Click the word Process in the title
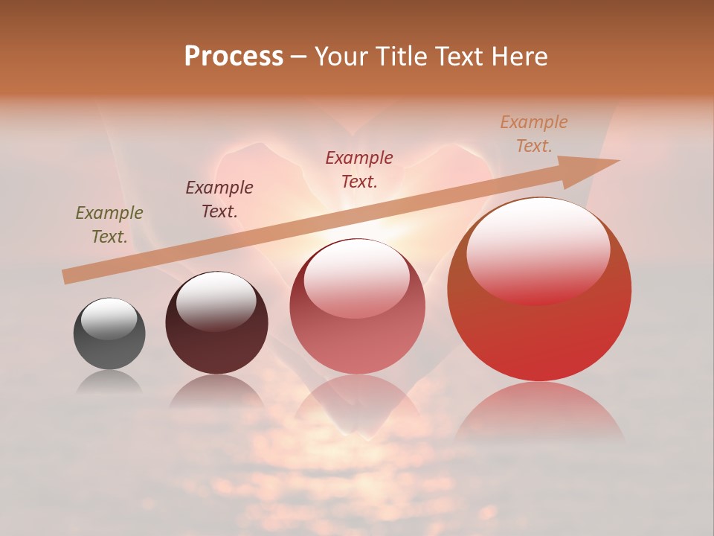[234, 57]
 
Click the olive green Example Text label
[109, 225]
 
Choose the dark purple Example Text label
[219, 200]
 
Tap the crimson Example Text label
[359, 170]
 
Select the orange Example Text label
[534, 134]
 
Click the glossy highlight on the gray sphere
[109, 319]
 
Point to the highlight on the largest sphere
[538, 249]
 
